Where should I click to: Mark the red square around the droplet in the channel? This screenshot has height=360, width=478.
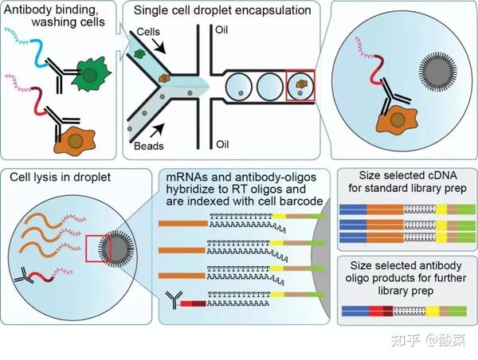302,87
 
